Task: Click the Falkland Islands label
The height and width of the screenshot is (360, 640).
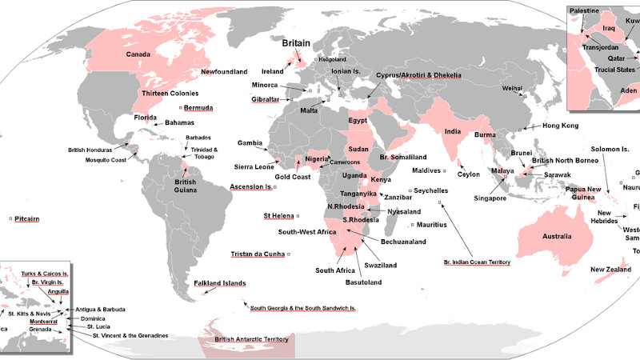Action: (x=220, y=283)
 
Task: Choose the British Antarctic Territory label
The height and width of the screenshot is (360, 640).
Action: (x=248, y=340)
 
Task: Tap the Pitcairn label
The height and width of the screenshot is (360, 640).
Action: (x=27, y=218)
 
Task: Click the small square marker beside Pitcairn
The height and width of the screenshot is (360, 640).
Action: (x=10, y=218)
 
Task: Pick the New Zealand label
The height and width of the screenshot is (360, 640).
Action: (x=612, y=270)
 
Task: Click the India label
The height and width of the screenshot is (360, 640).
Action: (x=453, y=132)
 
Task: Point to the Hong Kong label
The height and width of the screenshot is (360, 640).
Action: (x=560, y=126)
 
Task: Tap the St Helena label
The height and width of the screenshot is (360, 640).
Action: (x=278, y=216)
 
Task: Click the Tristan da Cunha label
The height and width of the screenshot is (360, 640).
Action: (x=258, y=254)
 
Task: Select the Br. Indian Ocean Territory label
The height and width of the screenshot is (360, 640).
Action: (x=476, y=262)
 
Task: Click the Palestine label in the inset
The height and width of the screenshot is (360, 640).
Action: (x=585, y=10)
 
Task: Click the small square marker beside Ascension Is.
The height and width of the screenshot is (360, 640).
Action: (x=274, y=187)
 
